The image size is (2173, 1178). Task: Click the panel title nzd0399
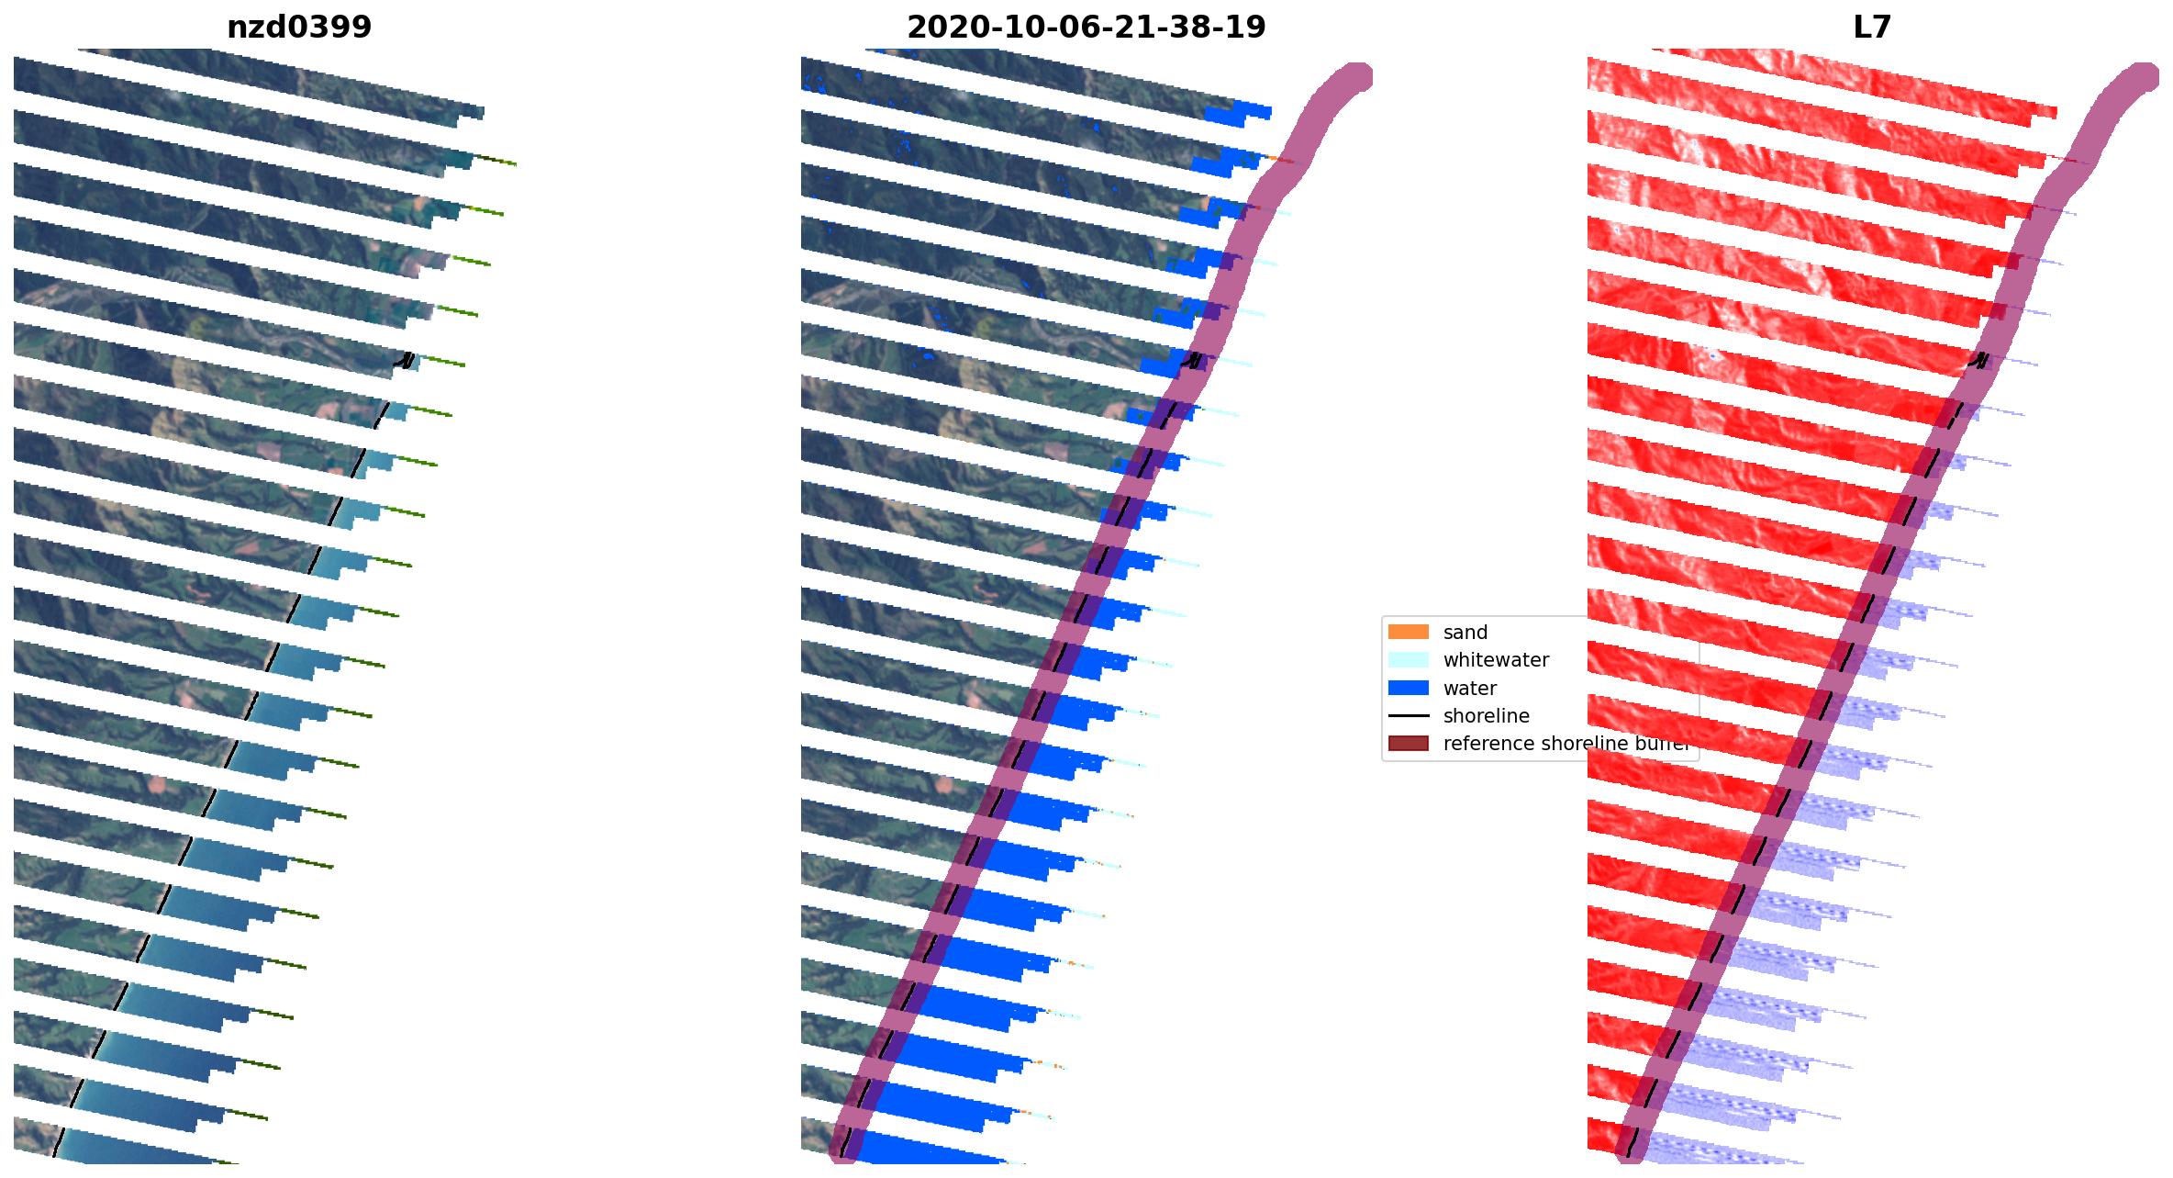pos(299,28)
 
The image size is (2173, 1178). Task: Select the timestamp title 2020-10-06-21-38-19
pos(1086,28)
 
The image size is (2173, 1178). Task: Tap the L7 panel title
pos(1872,28)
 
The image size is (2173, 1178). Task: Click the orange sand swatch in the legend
pos(1408,632)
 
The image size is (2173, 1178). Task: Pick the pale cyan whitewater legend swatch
pos(1408,660)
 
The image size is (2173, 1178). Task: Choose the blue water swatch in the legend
pos(1408,688)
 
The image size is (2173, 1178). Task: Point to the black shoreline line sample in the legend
pos(1408,716)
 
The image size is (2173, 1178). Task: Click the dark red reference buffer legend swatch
pos(1408,744)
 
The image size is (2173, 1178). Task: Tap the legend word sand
pos(1465,633)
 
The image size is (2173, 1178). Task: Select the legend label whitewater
pos(1496,660)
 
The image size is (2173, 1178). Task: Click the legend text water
pos(1469,689)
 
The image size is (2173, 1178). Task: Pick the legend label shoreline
pos(1486,716)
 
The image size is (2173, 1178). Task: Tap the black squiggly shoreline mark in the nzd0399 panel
pos(405,361)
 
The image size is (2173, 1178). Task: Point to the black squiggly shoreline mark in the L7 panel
pos(1979,361)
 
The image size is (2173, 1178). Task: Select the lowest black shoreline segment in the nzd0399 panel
pos(59,1141)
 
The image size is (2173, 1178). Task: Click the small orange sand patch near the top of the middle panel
pos(1275,159)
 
